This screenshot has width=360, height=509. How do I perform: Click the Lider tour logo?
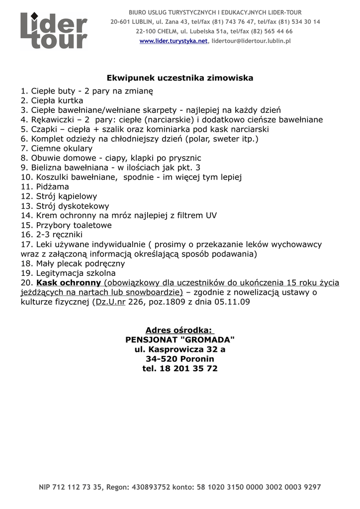pyautogui.click(x=54, y=31)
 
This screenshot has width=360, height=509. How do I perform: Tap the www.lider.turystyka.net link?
pyautogui.click(x=173, y=41)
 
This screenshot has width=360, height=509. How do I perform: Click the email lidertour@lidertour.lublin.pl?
pyautogui.click(x=251, y=41)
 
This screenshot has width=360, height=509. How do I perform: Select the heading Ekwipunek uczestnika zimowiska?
pyautogui.click(x=180, y=78)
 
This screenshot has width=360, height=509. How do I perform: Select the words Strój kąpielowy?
pyautogui.click(x=66, y=196)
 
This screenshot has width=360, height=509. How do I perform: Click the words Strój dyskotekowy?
pyautogui.click(x=72, y=206)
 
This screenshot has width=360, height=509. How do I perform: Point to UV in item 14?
pyautogui.click(x=210, y=215)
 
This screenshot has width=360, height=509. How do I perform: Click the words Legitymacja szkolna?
pyautogui.click(x=76, y=273)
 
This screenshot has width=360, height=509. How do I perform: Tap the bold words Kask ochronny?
pyautogui.click(x=69, y=283)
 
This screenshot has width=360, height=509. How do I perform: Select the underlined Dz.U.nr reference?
pyautogui.click(x=110, y=302)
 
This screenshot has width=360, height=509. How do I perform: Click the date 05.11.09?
pyautogui.click(x=233, y=302)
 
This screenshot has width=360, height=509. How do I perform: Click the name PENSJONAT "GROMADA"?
pyautogui.click(x=180, y=340)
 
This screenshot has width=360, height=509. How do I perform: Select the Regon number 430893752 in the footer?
pyautogui.click(x=149, y=487)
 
